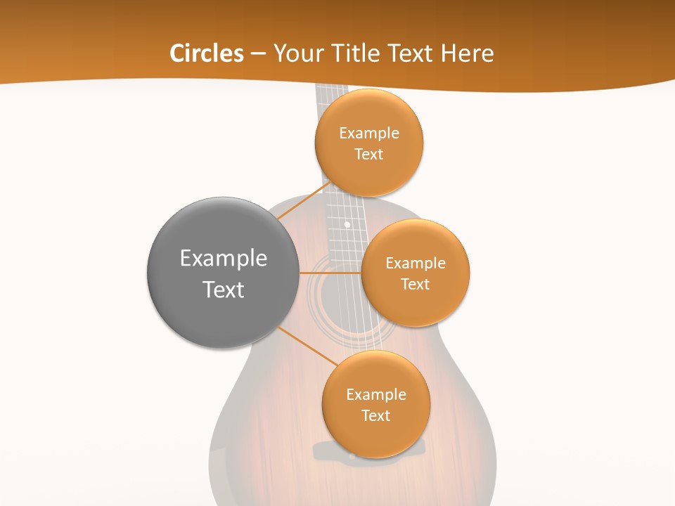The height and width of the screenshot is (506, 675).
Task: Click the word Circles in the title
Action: (x=206, y=53)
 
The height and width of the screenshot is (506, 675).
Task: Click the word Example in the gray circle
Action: (x=224, y=259)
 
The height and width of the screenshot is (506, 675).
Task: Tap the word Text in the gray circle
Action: (x=224, y=290)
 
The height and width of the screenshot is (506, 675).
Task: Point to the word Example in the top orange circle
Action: (x=369, y=134)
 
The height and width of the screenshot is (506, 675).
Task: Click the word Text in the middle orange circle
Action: (x=415, y=284)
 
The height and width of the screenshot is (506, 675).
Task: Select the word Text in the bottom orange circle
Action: (x=375, y=415)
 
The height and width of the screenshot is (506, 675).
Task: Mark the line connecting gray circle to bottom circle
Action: (x=308, y=346)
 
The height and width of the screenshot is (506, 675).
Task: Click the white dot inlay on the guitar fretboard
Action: (x=347, y=225)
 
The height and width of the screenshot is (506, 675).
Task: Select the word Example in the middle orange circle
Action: (x=415, y=264)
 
